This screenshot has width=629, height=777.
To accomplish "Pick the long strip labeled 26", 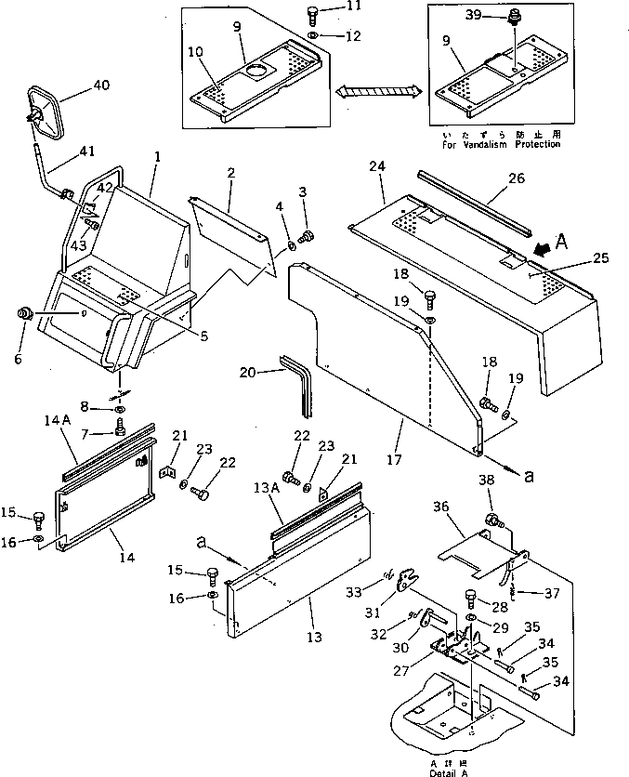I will click(x=474, y=203).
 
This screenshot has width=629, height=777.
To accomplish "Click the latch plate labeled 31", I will click(x=403, y=584).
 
